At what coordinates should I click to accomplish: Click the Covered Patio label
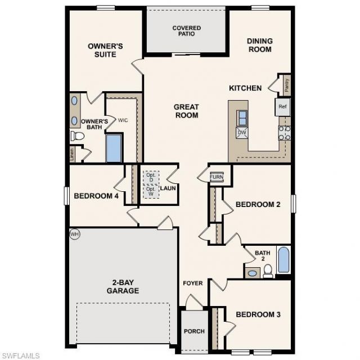pyautogui.click(x=187, y=30)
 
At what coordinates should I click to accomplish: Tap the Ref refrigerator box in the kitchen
pyautogui.click(x=282, y=106)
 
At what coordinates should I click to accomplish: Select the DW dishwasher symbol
pyautogui.click(x=242, y=133)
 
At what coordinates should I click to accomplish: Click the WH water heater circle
pyautogui.click(x=74, y=233)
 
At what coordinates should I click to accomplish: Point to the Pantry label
pyautogui.click(x=286, y=85)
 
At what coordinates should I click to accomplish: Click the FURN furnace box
pyautogui.click(x=217, y=177)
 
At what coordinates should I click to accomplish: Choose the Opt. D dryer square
pyautogui.click(x=150, y=177)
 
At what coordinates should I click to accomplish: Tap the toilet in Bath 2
pyautogui.click(x=268, y=272)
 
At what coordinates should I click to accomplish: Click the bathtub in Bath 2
pyautogui.click(x=283, y=260)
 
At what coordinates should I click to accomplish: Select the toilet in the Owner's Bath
pyautogui.click(x=77, y=136)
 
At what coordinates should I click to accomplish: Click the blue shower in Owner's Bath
pyautogui.click(x=114, y=148)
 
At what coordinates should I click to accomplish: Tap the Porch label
pyautogui.click(x=195, y=331)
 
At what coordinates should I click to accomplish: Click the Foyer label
pyautogui.click(x=192, y=283)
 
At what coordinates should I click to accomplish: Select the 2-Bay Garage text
pyautogui.click(x=123, y=287)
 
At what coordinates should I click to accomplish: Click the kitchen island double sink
pyautogui.click(x=243, y=118)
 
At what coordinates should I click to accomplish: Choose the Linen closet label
pyautogui.click(x=72, y=153)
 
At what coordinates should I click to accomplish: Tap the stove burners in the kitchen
pyautogui.click(x=284, y=133)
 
